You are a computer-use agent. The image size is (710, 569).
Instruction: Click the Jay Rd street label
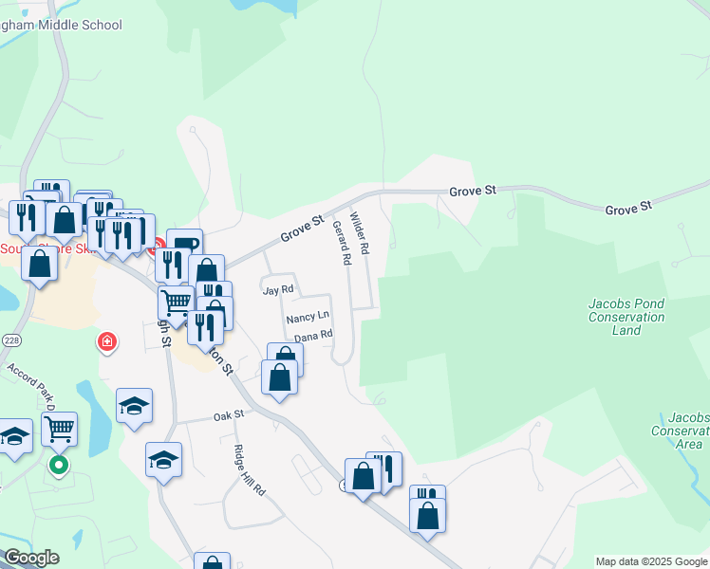(278, 290)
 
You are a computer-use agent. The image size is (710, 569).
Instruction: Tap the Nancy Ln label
(308, 316)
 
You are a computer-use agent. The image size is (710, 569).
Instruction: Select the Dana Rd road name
(313, 336)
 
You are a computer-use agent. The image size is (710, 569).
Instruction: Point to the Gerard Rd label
(342, 243)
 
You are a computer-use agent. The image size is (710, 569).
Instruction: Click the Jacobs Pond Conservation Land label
(626, 317)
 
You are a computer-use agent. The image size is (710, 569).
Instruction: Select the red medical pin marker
(107, 341)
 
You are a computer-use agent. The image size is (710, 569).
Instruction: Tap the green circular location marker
(59, 466)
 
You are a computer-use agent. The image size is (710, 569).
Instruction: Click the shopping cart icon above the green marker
(59, 429)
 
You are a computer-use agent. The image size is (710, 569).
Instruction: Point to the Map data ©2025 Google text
(650, 561)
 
